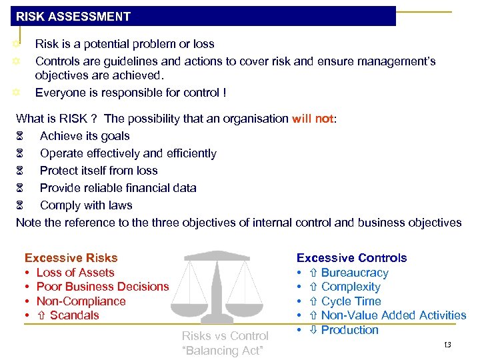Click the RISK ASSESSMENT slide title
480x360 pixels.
(x=73, y=17)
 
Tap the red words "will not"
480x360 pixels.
(x=313, y=119)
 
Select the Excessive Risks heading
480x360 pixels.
(x=71, y=257)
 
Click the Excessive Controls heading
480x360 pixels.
(x=351, y=257)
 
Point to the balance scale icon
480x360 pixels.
(x=217, y=287)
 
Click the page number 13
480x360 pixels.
(x=447, y=344)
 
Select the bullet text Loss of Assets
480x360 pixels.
(x=75, y=272)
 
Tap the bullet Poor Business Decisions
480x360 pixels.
(x=103, y=287)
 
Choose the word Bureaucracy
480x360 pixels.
(x=355, y=273)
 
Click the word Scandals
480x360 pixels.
(x=75, y=315)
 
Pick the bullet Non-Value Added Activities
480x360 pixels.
(x=393, y=315)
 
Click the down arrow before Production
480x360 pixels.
(x=312, y=330)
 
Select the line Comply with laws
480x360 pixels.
(x=86, y=205)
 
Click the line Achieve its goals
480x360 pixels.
(x=85, y=136)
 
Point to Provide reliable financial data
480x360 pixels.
(x=118, y=188)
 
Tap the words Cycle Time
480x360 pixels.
(x=351, y=301)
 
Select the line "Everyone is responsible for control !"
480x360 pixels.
(x=131, y=93)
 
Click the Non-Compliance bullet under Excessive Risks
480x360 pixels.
(x=81, y=301)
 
